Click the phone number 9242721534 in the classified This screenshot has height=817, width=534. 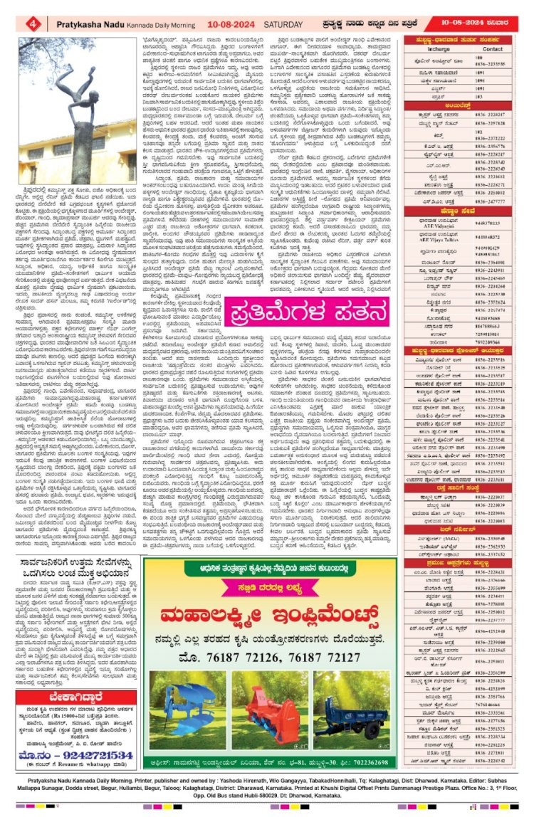pos(80,748)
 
